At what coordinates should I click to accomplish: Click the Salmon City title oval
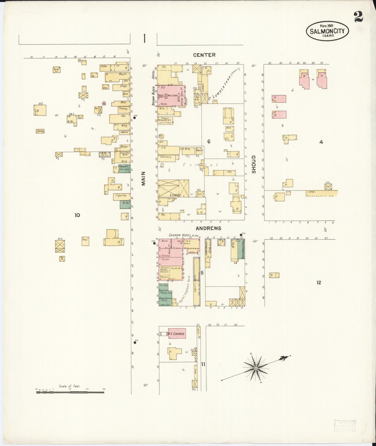click(x=327, y=31)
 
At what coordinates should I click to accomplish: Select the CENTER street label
click(x=204, y=55)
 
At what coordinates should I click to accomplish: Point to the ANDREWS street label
click(x=208, y=228)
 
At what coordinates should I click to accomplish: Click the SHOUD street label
click(x=254, y=164)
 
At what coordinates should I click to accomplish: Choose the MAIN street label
click(x=143, y=179)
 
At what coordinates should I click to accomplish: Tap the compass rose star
click(x=256, y=368)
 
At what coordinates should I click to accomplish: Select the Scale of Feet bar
click(x=70, y=392)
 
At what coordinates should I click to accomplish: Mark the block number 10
click(x=77, y=215)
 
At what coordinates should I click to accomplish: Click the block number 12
click(x=319, y=283)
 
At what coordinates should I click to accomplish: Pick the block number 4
click(x=321, y=142)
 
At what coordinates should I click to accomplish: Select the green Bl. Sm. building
click(x=125, y=205)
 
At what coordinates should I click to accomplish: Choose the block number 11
click(x=203, y=364)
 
